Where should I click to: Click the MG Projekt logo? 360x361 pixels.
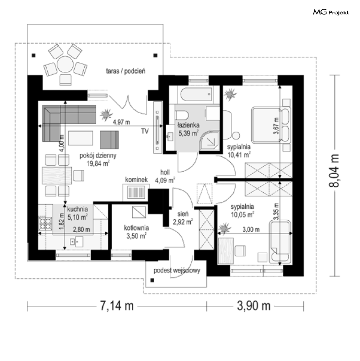coord(331,12)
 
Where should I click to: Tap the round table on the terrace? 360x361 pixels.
coord(65,64)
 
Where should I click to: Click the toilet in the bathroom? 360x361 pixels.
coord(182,115)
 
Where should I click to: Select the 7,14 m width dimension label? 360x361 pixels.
coord(117,306)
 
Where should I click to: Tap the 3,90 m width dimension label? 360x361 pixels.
coord(254,306)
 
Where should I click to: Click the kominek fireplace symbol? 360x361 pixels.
coord(136,193)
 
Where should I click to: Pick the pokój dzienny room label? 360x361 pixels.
coord(98,156)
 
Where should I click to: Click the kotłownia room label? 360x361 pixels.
coord(136,228)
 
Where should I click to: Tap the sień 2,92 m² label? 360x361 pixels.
coord(183,218)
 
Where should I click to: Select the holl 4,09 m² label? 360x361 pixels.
coord(165,176)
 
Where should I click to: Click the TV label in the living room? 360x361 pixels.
coord(145,131)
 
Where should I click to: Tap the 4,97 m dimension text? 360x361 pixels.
coord(121,122)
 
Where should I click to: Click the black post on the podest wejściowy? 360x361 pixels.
coord(152,280)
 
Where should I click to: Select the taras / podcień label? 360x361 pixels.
coord(125,71)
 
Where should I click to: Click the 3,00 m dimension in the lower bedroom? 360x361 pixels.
coord(251,229)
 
